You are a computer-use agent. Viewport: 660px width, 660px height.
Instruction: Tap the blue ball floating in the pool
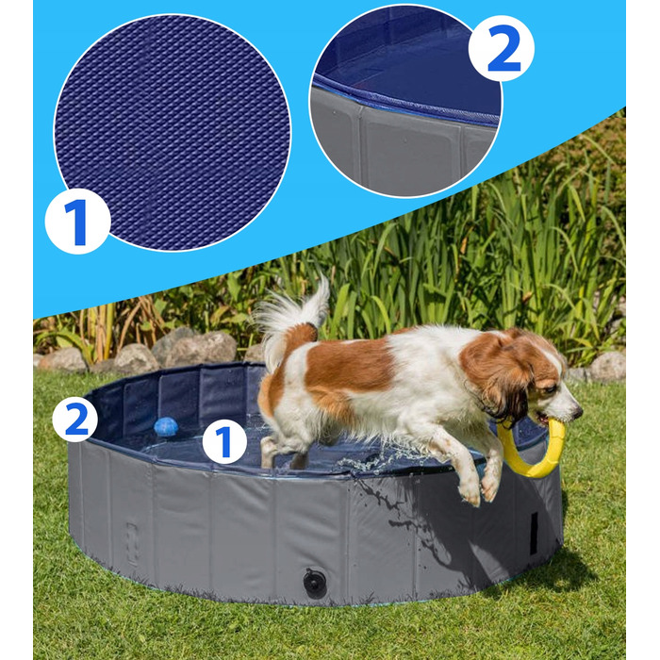pos(166,427)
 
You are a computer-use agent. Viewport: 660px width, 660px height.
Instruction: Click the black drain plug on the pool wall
pos(315,583)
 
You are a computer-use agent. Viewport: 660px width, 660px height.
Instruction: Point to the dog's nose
pos(578,409)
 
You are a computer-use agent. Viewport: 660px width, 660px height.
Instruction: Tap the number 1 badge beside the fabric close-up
pos(77,222)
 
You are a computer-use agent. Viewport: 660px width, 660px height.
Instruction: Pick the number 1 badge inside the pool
pos(224,441)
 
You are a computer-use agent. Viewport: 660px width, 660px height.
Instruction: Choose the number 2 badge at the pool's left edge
pos(74,420)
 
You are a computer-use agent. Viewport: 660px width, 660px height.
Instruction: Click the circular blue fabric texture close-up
pos(173,132)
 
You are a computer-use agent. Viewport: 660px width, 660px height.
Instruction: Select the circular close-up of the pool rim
pos(405,101)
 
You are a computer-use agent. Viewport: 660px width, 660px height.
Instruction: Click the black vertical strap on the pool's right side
pos(534,533)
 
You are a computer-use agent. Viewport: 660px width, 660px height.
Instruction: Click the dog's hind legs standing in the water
pos(283,452)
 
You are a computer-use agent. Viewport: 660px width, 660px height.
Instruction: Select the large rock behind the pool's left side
pos(198,348)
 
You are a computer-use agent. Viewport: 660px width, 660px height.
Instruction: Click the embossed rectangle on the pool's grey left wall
pos(133,544)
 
